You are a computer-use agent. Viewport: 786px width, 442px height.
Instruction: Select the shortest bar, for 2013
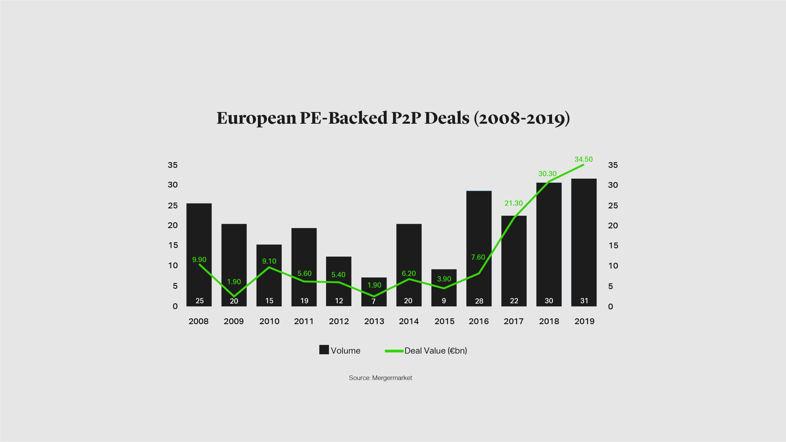coord(374,292)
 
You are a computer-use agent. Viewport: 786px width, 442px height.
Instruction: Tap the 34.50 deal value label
coord(583,159)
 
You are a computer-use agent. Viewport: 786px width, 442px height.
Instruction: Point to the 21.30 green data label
coord(513,203)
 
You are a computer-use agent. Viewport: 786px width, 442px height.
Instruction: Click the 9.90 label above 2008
coord(199,260)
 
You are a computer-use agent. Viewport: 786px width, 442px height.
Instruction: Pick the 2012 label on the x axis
coord(339,321)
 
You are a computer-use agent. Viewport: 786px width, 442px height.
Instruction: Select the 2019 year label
coord(584,321)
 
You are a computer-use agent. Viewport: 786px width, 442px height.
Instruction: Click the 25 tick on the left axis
coord(173,206)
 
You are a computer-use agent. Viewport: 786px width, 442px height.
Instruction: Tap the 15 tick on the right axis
coord(613,246)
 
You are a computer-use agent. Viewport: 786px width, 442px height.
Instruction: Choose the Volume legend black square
coord(324,350)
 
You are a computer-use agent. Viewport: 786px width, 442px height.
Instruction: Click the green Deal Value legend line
coord(394,351)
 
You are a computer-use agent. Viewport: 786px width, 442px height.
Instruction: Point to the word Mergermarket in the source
coord(392,378)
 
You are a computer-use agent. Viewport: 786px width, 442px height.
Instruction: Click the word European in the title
coord(256,118)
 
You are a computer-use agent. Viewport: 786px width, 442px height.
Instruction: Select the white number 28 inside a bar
coord(479,301)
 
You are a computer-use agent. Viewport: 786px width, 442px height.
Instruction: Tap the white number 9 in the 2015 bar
coord(444,301)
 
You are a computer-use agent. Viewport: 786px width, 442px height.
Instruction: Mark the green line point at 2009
coord(234,297)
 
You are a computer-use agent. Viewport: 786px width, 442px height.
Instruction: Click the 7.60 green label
coord(478,257)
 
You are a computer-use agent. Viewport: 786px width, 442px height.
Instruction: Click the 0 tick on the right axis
coord(610,306)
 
